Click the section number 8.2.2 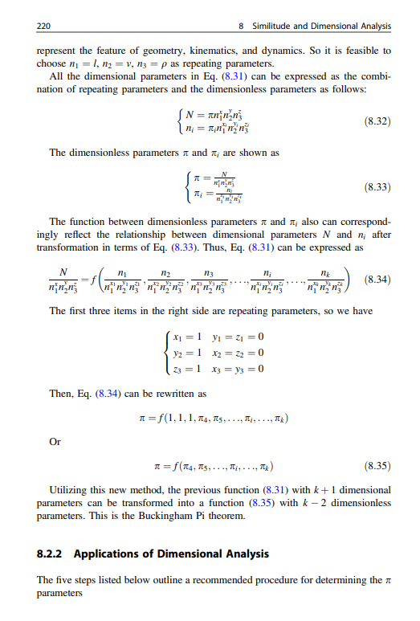55,554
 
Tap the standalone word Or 55,443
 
